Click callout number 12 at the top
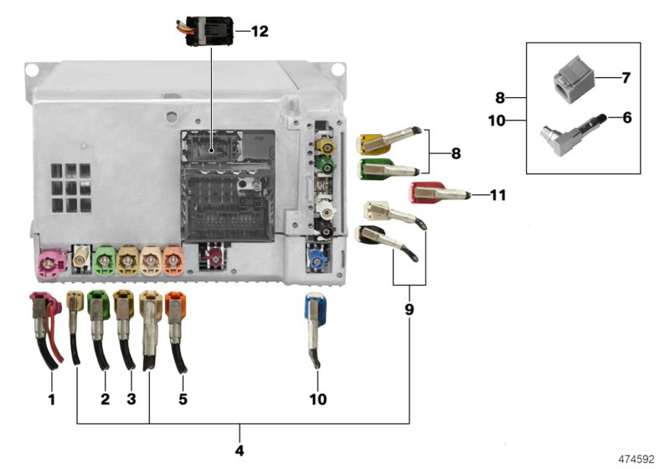pyautogui.click(x=259, y=32)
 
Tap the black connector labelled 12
pyautogui.click(x=206, y=31)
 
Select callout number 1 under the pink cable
pyautogui.click(x=51, y=399)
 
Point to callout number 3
pyautogui.click(x=131, y=399)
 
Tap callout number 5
pyautogui.click(x=183, y=399)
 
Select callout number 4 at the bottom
pyautogui.click(x=240, y=451)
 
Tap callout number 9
pyautogui.click(x=409, y=309)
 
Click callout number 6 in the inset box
pyautogui.click(x=626, y=117)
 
